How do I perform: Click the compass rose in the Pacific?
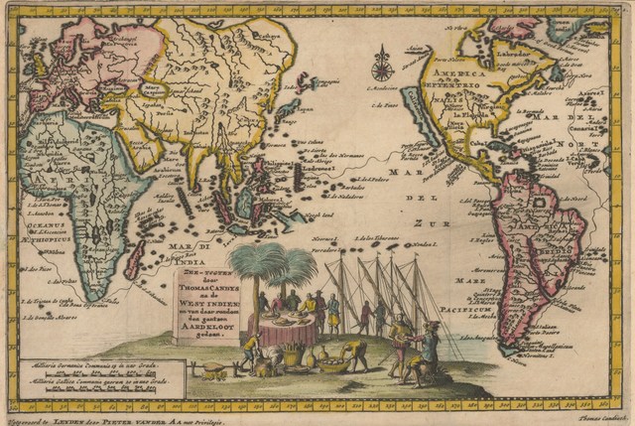[380, 68]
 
